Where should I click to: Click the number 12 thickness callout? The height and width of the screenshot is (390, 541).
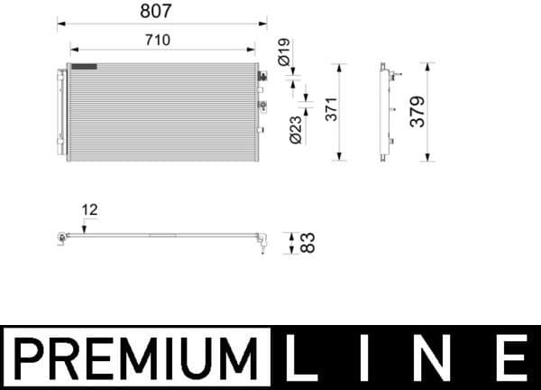(x=89, y=209)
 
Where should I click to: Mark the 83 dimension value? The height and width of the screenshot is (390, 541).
(x=307, y=242)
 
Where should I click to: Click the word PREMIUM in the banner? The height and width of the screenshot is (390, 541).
(x=135, y=357)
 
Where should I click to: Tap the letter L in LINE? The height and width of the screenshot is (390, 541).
(x=300, y=357)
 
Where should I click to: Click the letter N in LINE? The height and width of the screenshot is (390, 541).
(x=442, y=357)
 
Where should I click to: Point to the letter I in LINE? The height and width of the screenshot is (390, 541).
(x=371, y=357)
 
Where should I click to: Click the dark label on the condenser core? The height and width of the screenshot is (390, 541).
(x=85, y=66)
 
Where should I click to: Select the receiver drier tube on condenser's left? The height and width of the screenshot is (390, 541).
(x=62, y=113)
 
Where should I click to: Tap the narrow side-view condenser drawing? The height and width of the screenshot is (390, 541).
(x=385, y=112)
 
